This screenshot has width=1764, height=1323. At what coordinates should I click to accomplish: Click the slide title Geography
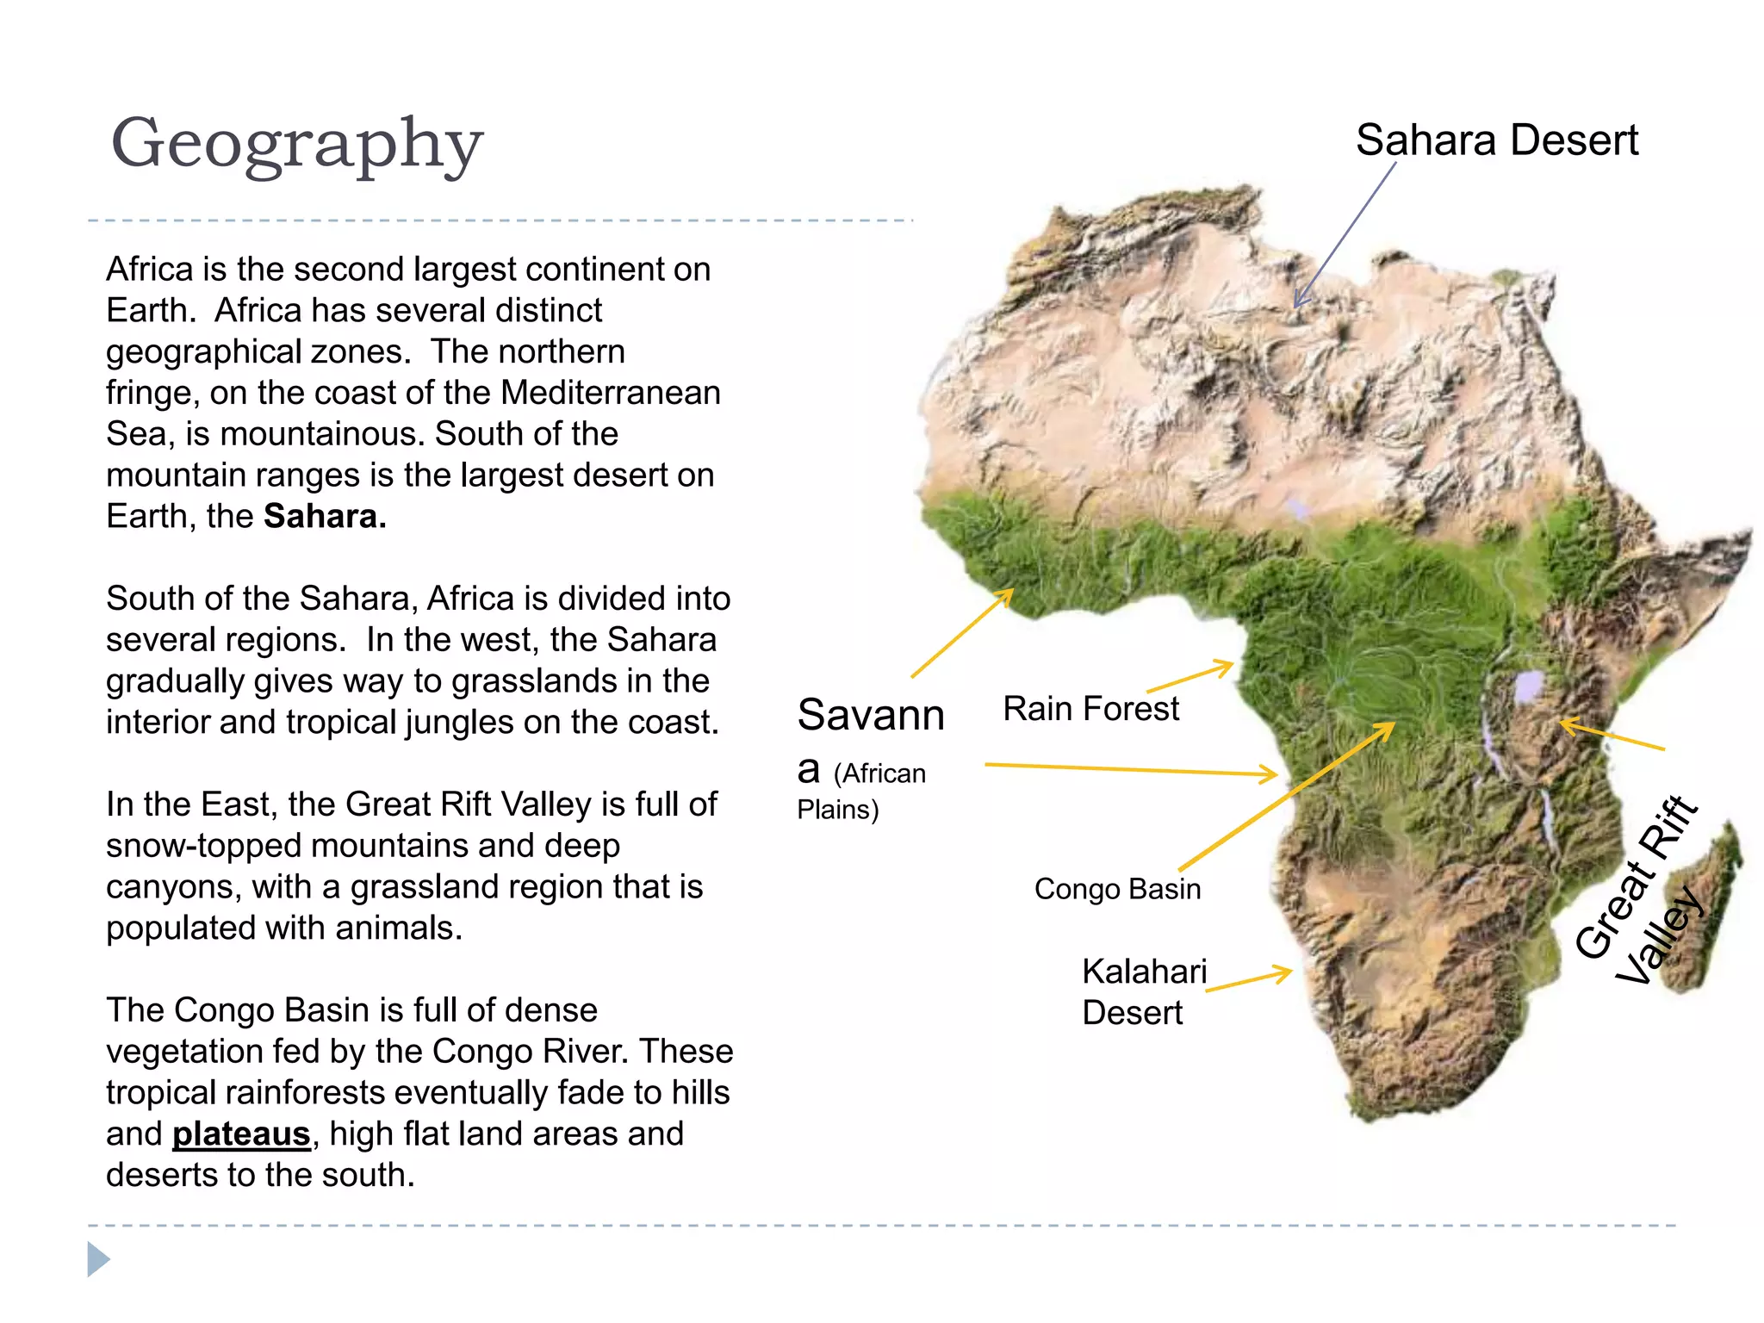297,145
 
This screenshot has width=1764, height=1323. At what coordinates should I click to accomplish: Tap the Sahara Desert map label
1496,140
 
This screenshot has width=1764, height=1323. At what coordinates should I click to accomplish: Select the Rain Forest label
1090,709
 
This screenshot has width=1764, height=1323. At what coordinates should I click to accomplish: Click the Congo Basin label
1117,889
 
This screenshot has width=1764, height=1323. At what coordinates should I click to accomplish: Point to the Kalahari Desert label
1144,991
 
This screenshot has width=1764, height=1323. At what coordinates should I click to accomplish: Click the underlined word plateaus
241,1134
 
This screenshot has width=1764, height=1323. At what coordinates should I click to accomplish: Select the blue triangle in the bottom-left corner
98,1259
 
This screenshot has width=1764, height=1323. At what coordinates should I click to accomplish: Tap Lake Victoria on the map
1529,686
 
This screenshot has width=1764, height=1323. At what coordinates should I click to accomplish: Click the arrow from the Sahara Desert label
1344,235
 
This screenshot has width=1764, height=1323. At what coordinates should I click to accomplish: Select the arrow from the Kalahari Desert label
1249,980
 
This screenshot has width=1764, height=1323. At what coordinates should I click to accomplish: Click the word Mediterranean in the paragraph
611,393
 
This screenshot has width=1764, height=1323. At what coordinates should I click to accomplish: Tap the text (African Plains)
861,791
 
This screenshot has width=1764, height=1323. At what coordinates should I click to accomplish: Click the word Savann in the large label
871,715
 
